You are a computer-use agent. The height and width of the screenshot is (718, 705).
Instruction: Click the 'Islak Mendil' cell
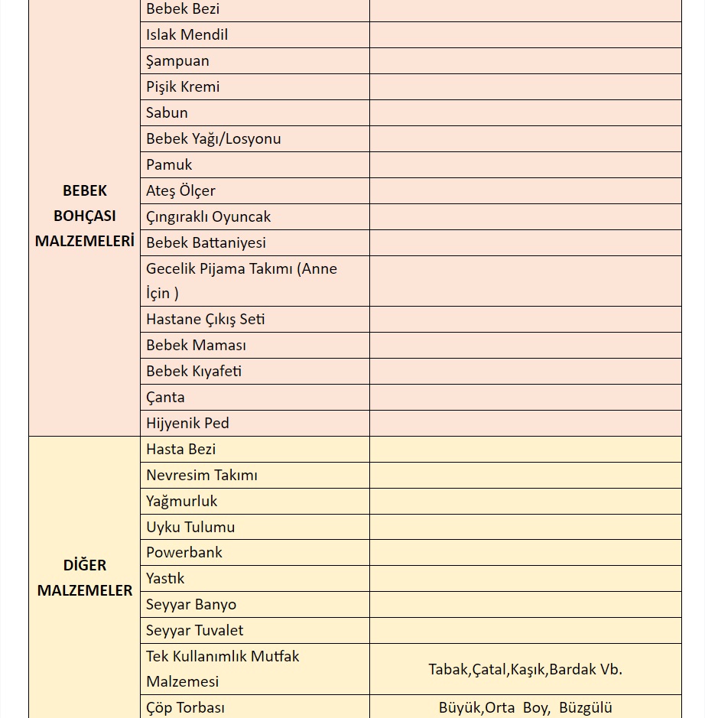coord(187,35)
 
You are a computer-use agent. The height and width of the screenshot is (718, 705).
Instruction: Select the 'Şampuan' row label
coord(177,61)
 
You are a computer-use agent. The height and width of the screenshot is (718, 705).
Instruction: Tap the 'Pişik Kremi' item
coord(183,87)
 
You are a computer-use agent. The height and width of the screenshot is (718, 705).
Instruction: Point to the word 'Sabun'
coord(167,113)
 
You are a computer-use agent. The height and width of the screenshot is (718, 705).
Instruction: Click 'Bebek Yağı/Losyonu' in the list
coord(213,139)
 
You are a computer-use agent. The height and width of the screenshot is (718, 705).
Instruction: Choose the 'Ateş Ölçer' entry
coord(180,191)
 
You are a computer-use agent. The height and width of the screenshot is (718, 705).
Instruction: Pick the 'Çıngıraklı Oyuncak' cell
coord(208,217)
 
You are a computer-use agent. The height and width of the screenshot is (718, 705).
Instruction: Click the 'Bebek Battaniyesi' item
coord(206,243)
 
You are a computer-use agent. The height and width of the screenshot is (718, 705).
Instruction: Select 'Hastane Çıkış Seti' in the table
coord(205,320)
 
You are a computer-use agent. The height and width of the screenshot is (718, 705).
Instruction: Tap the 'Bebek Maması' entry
coord(196,346)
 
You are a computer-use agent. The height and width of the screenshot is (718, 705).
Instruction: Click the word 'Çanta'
coord(165,398)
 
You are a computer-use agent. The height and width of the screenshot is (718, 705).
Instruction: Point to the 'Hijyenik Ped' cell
coord(187,424)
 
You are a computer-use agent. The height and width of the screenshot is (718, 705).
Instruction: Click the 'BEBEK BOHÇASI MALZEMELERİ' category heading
coord(84,216)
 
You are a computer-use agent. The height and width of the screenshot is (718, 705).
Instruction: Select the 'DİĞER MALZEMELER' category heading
coord(84,578)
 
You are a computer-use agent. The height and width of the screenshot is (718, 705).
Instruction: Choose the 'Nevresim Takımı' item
coord(201,476)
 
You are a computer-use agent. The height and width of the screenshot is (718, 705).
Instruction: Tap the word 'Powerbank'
coord(184,553)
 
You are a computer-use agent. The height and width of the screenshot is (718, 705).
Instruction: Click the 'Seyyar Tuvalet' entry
coord(194,631)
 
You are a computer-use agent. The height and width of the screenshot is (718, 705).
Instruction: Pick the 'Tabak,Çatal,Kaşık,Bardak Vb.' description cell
coord(525,670)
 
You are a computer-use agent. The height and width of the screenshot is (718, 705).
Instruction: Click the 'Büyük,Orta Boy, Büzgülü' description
coord(525,708)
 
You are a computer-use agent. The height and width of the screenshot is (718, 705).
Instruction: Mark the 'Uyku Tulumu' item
coord(190,528)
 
